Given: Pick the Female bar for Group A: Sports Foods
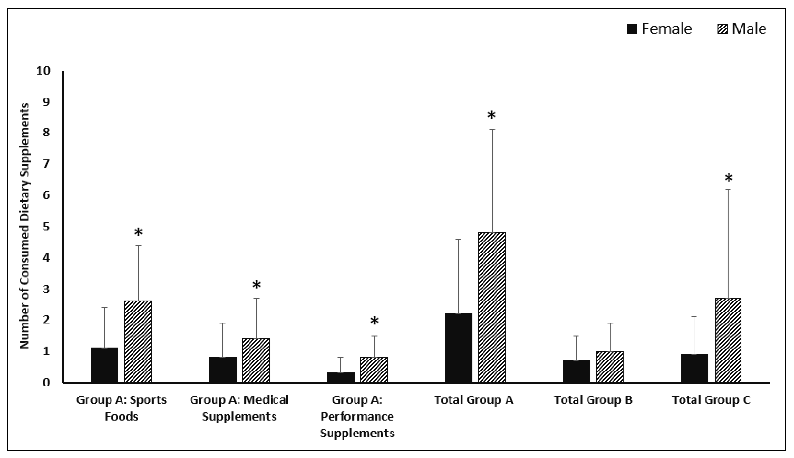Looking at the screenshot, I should click(104, 365).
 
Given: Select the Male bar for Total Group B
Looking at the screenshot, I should click(610, 367).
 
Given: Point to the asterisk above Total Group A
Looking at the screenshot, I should click(491, 115).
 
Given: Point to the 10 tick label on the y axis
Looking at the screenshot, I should click(43, 71).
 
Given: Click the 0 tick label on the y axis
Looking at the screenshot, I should click(46, 382).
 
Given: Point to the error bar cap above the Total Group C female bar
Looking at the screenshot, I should click(694, 317).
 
